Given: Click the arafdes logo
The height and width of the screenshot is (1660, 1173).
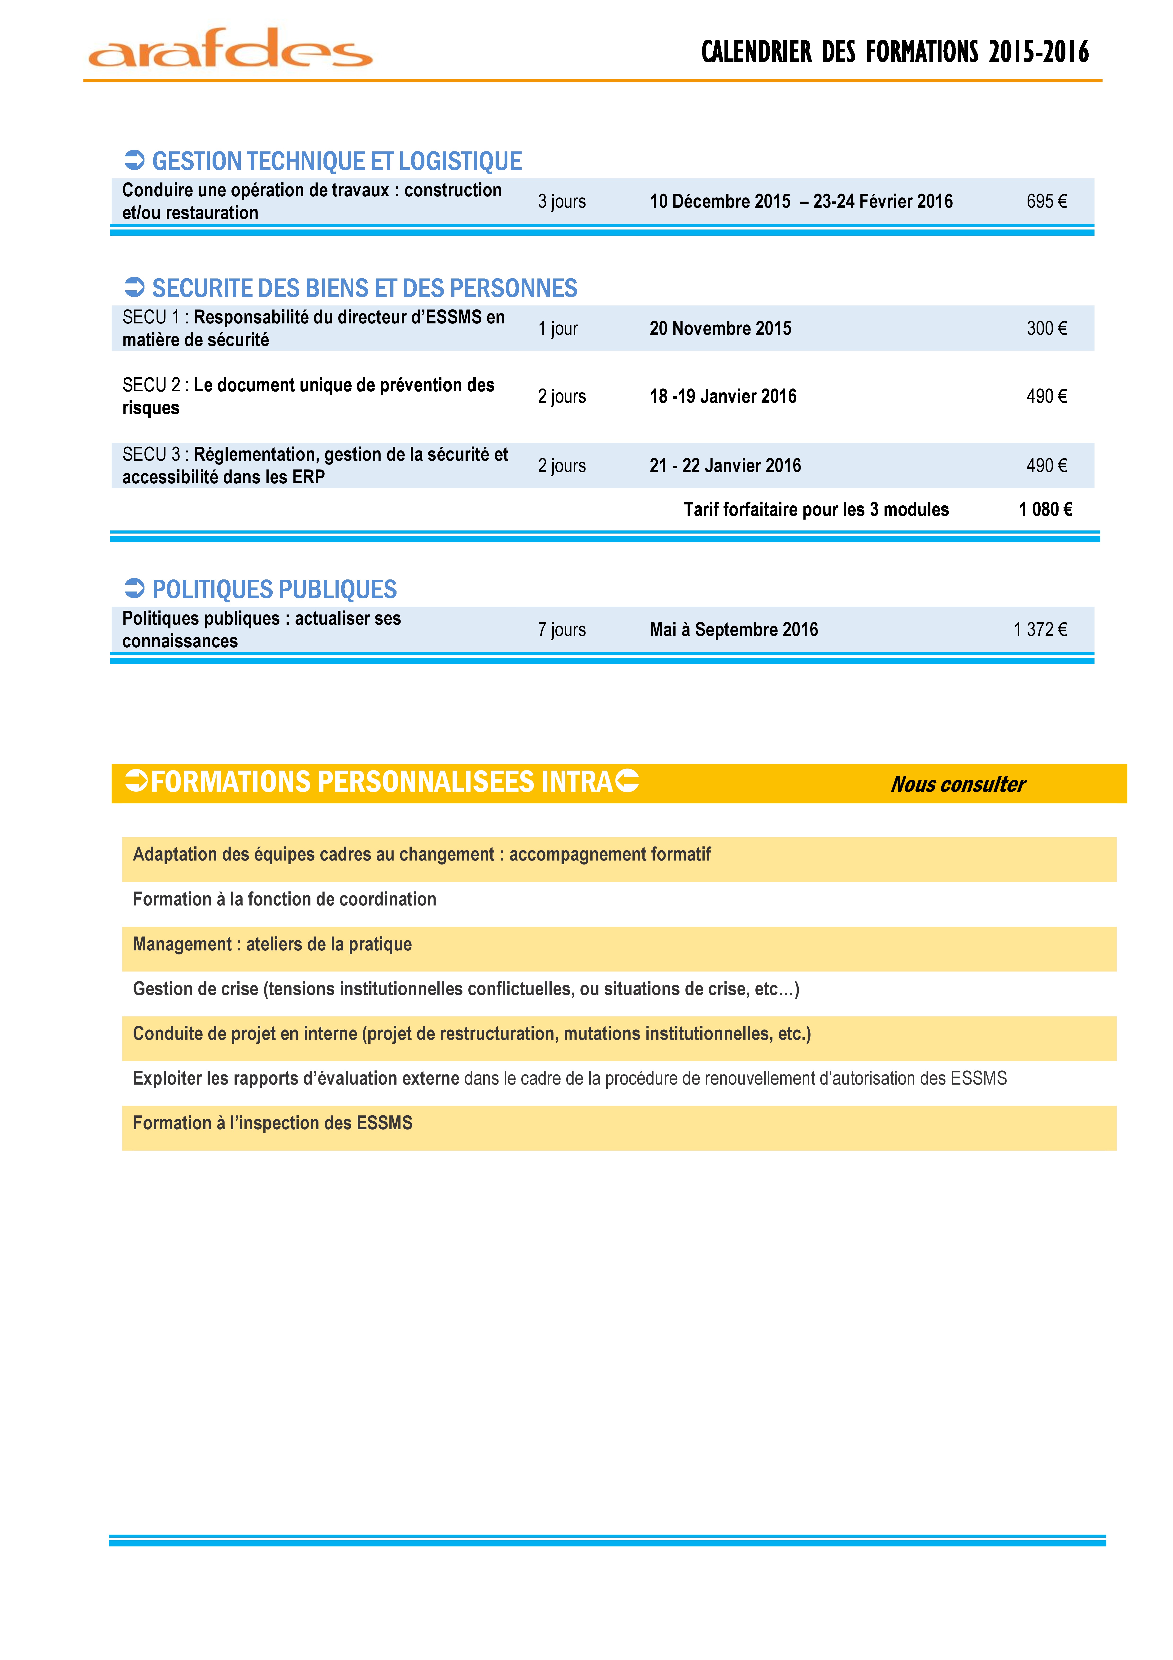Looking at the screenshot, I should (x=230, y=49).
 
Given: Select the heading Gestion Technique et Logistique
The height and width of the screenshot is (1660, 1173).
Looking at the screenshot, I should (x=336, y=161).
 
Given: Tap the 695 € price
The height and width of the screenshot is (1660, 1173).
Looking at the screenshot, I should (x=1046, y=202).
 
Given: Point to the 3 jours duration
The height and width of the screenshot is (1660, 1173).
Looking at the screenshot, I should (x=562, y=202).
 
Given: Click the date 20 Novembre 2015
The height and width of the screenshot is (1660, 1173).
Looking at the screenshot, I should (x=720, y=329).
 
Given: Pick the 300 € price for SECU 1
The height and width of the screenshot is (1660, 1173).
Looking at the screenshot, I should (x=1046, y=329).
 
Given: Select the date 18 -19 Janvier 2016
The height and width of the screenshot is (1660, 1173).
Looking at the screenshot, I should (x=723, y=396).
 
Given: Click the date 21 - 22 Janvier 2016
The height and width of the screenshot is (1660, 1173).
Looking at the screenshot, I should (x=725, y=466).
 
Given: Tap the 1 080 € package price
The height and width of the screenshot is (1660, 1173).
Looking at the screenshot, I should (x=1045, y=510).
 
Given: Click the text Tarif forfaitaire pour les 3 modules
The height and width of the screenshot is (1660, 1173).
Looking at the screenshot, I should (x=816, y=510).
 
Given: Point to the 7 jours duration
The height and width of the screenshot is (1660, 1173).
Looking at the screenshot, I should (x=562, y=630).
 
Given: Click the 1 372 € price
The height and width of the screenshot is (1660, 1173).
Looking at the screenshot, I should (x=1040, y=630).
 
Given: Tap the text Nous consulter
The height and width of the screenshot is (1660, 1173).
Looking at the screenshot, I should (x=958, y=784).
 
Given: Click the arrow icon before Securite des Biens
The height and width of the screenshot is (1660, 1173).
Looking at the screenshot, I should (x=135, y=288).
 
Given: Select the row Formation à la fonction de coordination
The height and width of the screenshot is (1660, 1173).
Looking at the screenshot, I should (x=285, y=899).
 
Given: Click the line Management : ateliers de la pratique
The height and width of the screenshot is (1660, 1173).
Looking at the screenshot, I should (x=272, y=944).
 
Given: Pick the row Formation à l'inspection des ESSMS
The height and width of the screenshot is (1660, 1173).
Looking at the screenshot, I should (x=272, y=1124).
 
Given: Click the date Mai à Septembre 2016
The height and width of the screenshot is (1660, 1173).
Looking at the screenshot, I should (x=734, y=630).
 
